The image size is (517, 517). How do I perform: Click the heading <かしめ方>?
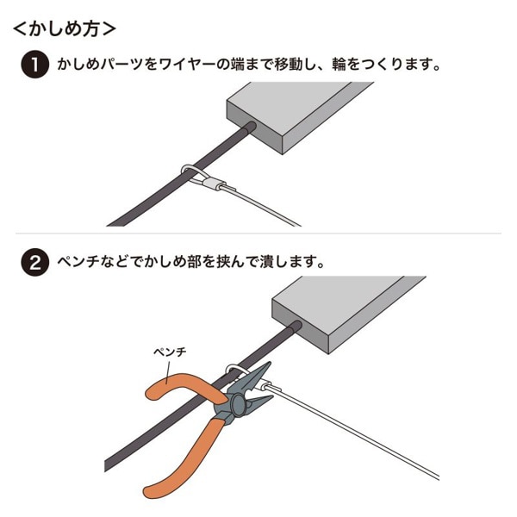(65, 28)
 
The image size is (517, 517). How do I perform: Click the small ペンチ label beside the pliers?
(170, 353)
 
